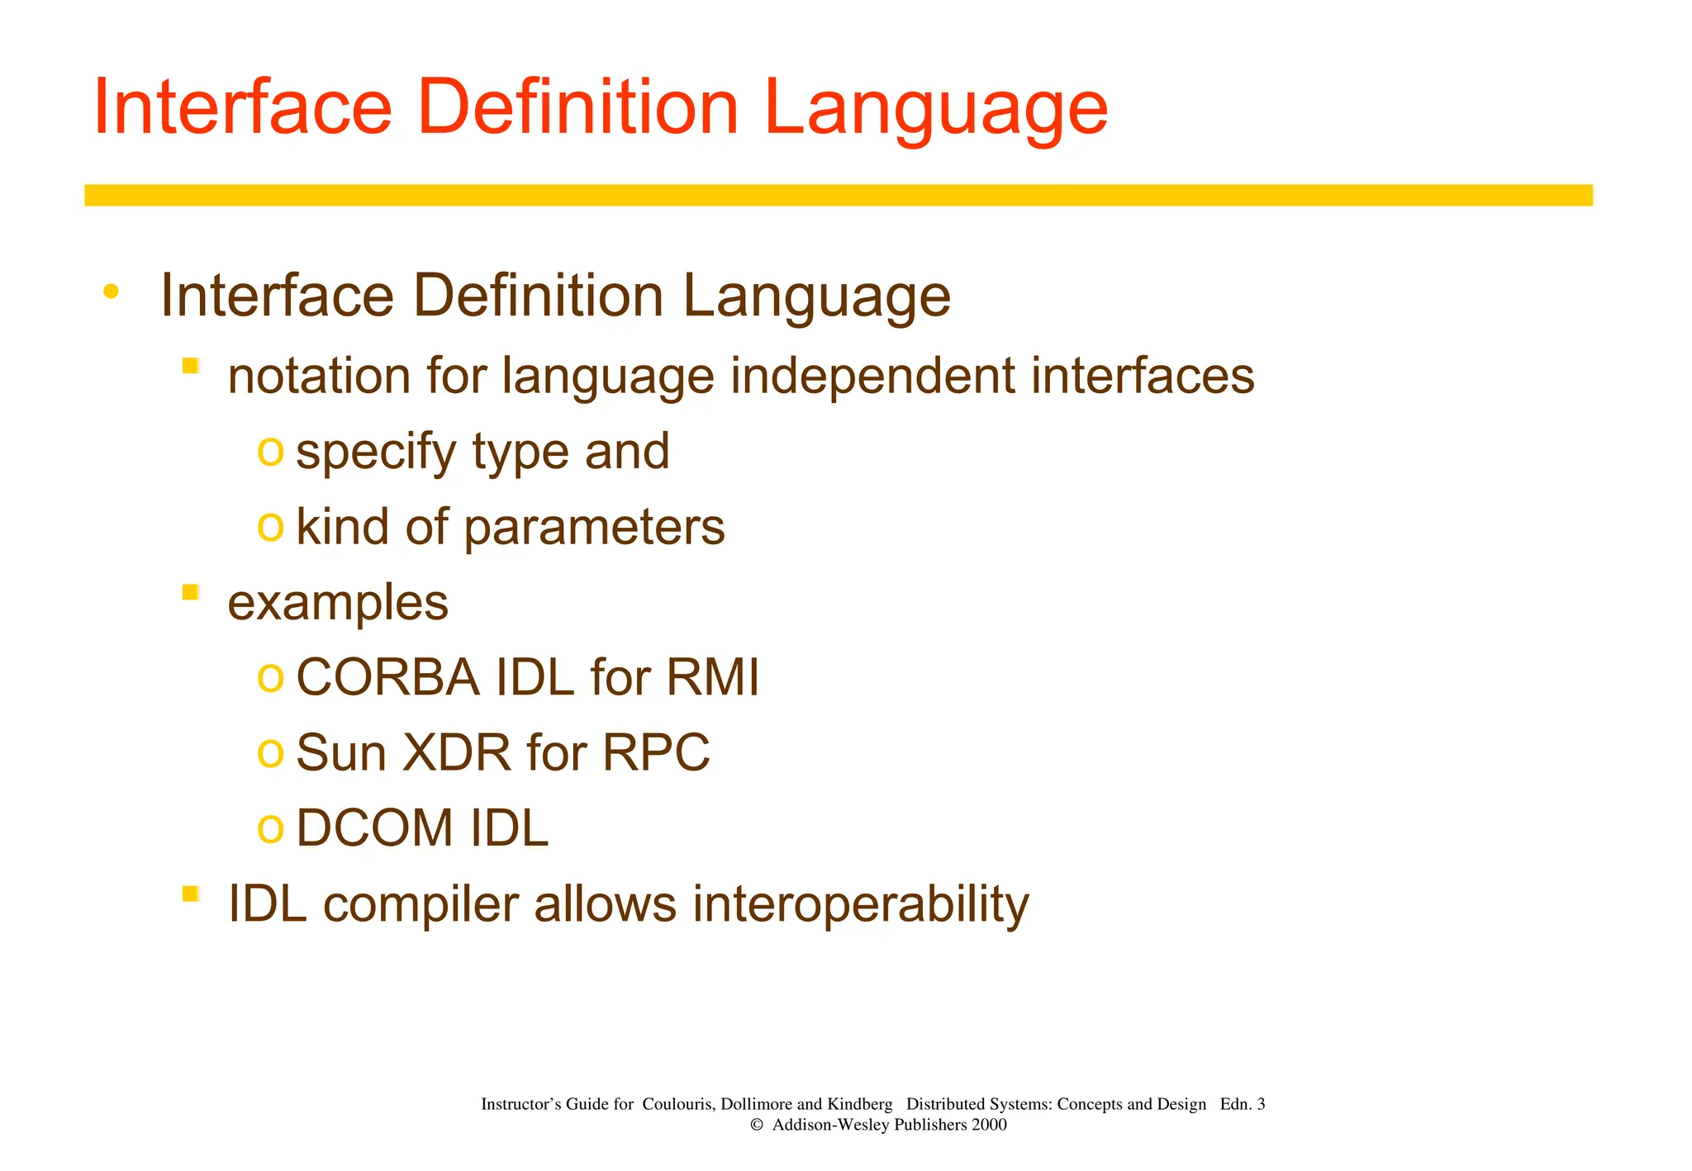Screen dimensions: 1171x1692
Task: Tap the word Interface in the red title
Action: coord(242,107)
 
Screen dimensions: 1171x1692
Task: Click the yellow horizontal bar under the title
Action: coord(838,195)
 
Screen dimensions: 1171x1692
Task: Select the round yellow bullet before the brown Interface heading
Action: coord(112,292)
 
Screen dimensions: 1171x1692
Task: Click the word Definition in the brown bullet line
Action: coord(538,296)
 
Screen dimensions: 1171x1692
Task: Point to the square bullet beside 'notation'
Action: coord(191,366)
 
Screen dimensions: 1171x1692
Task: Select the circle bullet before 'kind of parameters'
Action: coord(270,524)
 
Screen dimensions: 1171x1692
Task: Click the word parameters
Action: coord(594,528)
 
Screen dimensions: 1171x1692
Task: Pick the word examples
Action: coord(338,603)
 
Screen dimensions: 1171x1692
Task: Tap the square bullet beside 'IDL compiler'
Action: coord(191,894)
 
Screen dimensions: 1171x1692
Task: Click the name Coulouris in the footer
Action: coord(677,1104)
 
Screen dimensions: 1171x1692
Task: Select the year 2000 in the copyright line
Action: coord(989,1125)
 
